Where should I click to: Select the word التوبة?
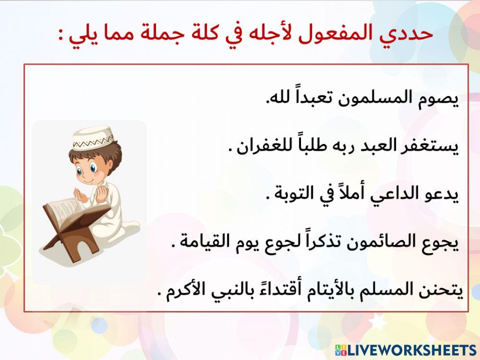click(x=295, y=194)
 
